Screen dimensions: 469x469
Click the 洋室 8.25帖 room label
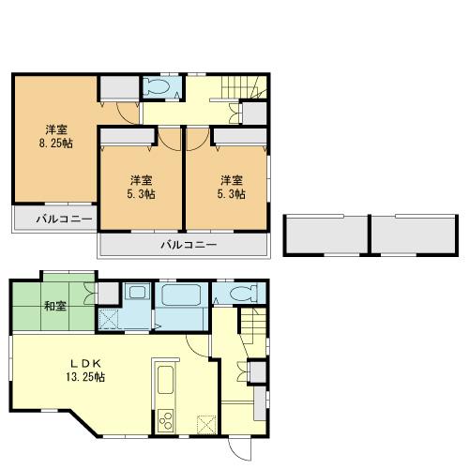tap(56, 136)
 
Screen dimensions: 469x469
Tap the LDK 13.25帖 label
tap(84, 370)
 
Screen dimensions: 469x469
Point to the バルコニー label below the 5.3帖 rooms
tap(188, 246)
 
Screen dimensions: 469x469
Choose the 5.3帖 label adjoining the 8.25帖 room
tap(141, 187)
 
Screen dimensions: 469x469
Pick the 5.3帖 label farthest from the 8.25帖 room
tap(232, 187)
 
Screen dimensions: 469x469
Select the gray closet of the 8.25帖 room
tap(119, 89)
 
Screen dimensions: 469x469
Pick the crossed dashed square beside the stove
tap(204, 421)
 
